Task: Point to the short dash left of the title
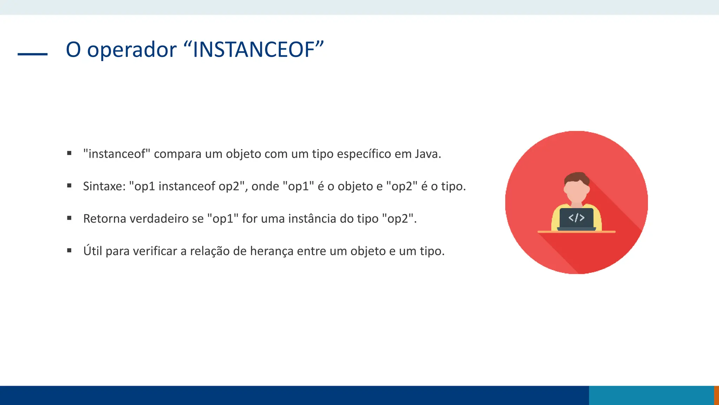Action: (x=32, y=54)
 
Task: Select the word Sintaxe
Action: (x=104, y=186)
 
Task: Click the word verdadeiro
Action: (x=159, y=219)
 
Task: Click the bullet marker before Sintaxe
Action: (x=69, y=186)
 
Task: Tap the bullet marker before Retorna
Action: (x=69, y=218)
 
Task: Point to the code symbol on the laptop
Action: (x=576, y=218)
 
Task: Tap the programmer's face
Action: (x=576, y=190)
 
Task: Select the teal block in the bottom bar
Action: (x=651, y=395)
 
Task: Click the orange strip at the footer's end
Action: (x=716, y=395)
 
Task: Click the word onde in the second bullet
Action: (x=265, y=186)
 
